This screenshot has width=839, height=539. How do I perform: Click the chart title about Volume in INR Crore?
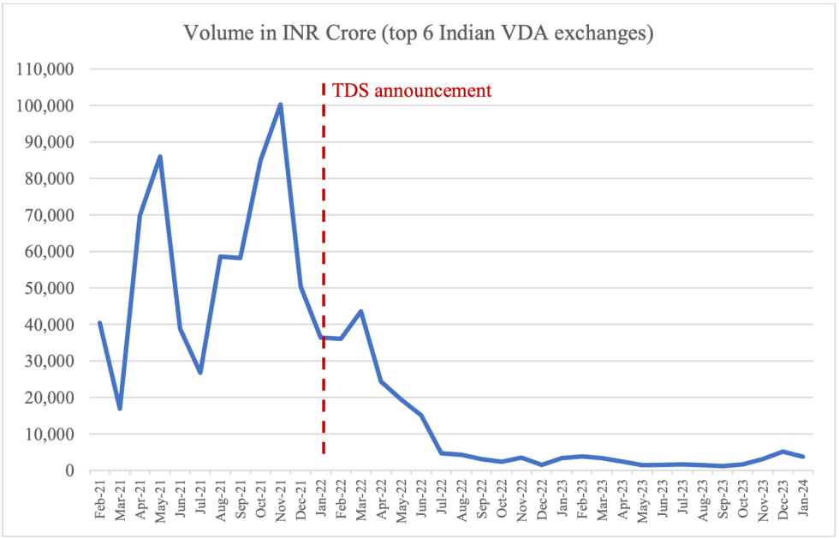click(419, 34)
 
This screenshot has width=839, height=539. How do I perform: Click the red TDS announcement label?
click(412, 90)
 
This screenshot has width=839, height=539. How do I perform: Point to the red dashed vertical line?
click(324, 257)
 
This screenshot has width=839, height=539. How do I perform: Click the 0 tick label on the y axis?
click(70, 471)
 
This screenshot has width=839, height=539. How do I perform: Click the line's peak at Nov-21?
click(280, 105)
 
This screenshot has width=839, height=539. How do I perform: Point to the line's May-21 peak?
click(160, 156)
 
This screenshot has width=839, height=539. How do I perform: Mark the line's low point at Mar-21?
click(120, 409)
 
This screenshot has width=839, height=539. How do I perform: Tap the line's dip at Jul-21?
click(200, 373)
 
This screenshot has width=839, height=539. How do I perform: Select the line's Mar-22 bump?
click(360, 311)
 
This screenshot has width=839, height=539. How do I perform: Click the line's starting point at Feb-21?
click(100, 323)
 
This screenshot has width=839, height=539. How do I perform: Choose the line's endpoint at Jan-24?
click(803, 457)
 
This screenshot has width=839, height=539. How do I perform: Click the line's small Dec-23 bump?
click(782, 452)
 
